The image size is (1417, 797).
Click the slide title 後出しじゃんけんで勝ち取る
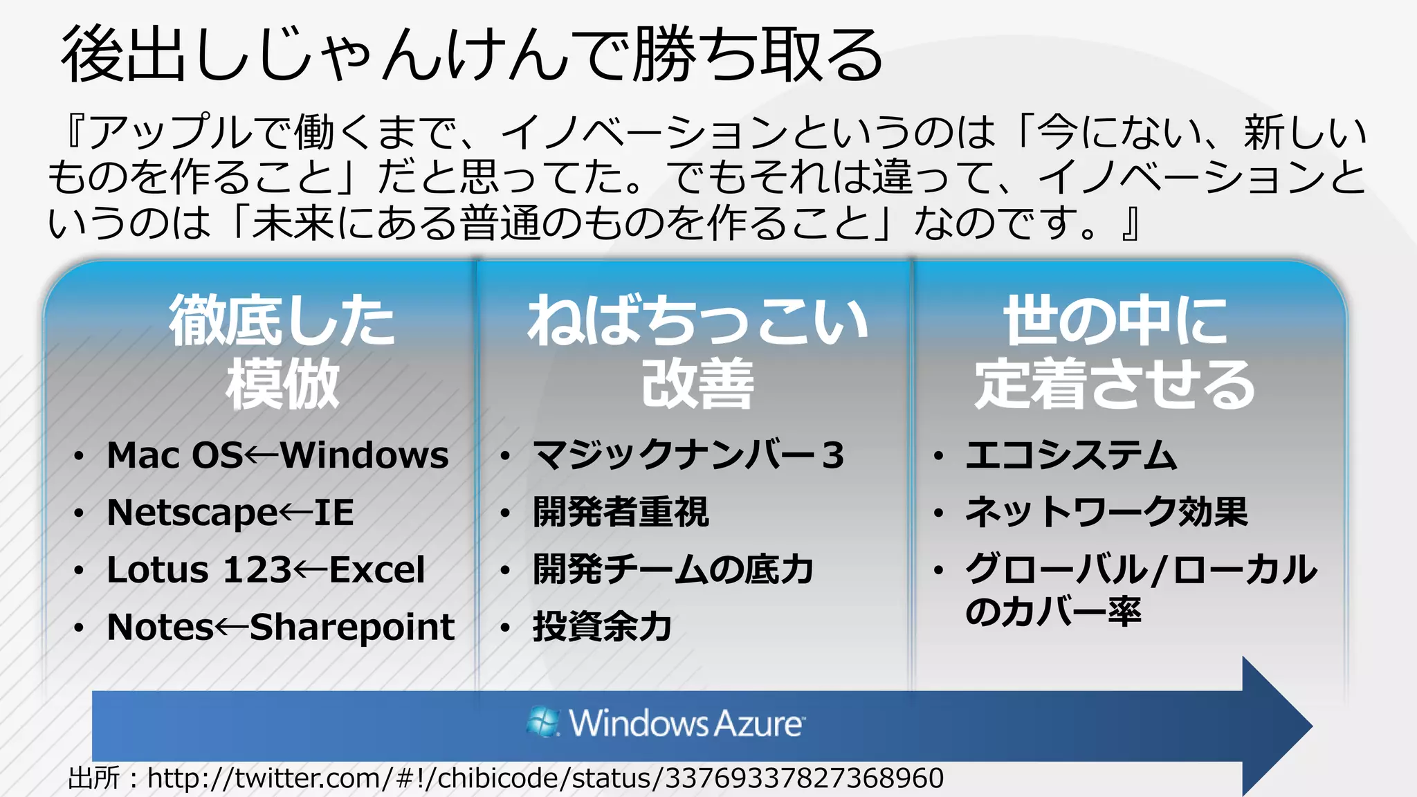[472, 55]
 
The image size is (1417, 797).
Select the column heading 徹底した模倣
[282, 351]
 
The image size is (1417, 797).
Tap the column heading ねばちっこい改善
[697, 351]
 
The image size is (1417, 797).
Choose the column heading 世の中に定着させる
[1115, 351]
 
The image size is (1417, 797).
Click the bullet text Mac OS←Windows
[277, 455]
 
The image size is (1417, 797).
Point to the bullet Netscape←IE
[230, 513]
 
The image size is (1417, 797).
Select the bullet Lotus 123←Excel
[266, 570]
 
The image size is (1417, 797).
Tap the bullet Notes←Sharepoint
[280, 627]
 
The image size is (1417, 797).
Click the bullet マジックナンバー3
[688, 455]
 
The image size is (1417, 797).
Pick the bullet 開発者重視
[621, 513]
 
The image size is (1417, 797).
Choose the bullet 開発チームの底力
[673, 570]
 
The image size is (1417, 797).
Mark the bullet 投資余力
[602, 627]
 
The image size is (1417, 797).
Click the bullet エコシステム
[1071, 455]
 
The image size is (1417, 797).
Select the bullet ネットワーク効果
[1106, 513]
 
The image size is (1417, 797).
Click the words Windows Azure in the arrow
[686, 724]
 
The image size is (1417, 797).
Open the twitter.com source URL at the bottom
[545, 778]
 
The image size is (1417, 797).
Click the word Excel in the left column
[377, 570]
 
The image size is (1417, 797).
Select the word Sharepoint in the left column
[351, 627]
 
